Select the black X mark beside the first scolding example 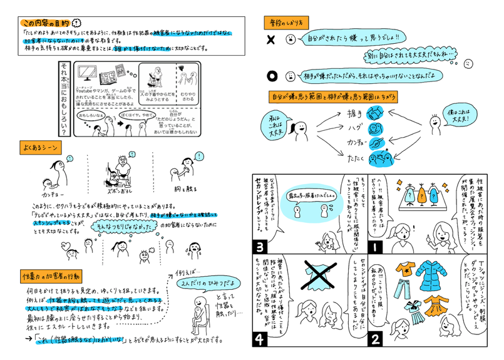click(271, 40)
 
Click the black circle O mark click(272, 76)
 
